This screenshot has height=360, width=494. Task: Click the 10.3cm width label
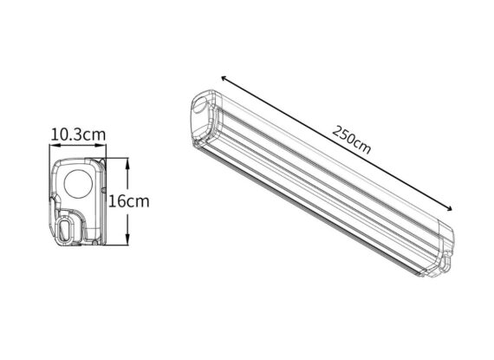pos(78,134)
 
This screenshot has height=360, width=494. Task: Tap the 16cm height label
pos(129,201)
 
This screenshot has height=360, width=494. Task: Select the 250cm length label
pos(350,138)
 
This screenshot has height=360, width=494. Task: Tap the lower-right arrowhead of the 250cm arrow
pos(452,209)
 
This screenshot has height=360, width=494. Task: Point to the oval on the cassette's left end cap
pos(200,105)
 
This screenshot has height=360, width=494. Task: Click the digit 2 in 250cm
pos(335,129)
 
